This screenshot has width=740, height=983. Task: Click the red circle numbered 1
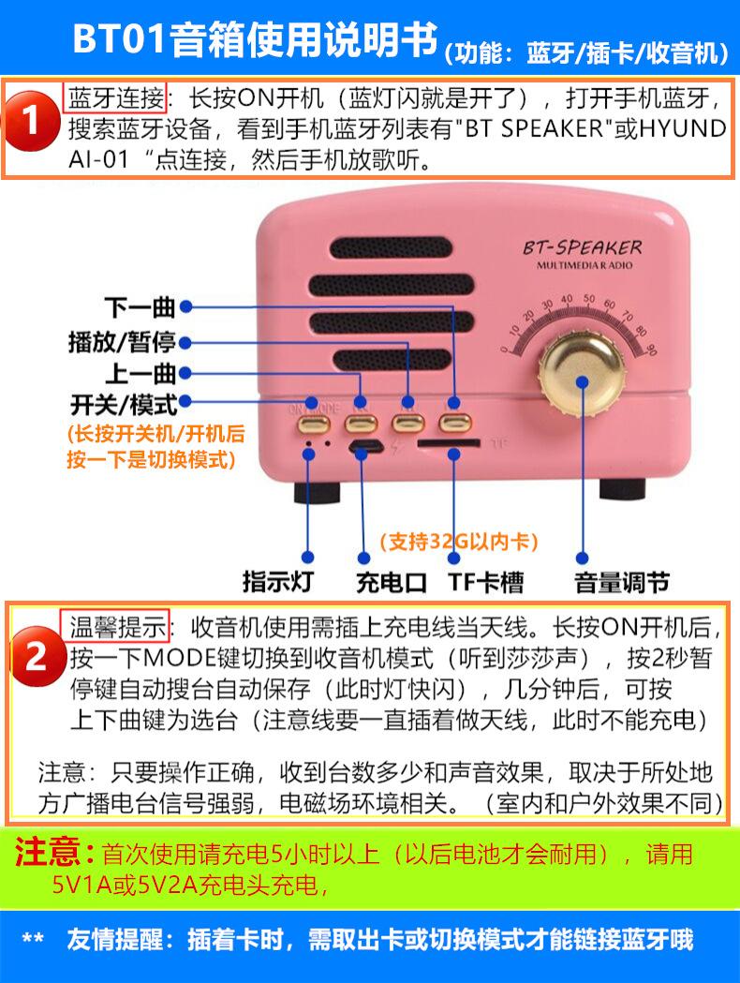tap(34, 122)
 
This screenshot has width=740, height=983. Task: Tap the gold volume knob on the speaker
tap(582, 380)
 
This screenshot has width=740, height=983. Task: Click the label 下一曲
tap(140, 306)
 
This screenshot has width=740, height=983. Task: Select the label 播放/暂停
tap(122, 341)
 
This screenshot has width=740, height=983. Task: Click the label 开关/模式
tap(123, 404)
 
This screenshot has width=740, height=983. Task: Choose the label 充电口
tap(391, 582)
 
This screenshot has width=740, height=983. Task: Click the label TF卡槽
tap(485, 582)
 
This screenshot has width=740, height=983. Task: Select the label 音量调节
tap(622, 582)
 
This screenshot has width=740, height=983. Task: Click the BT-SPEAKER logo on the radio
tap(584, 248)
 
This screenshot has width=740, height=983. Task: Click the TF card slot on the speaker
tap(449, 441)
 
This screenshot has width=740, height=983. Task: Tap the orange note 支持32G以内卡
tap(458, 542)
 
